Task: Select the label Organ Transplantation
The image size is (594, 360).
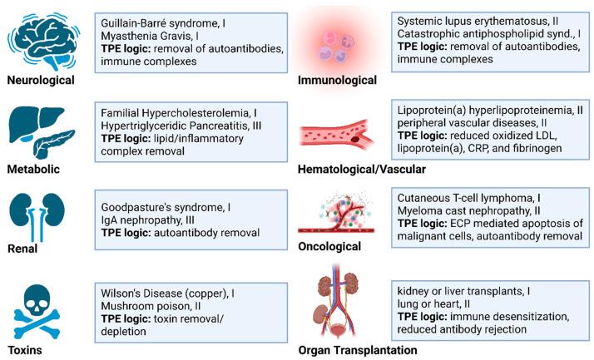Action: tap(358, 350)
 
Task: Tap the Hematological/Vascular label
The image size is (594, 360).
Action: tap(361, 170)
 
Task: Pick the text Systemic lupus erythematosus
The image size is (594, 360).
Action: tap(475, 19)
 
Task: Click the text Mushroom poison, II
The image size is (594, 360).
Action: tap(150, 307)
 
